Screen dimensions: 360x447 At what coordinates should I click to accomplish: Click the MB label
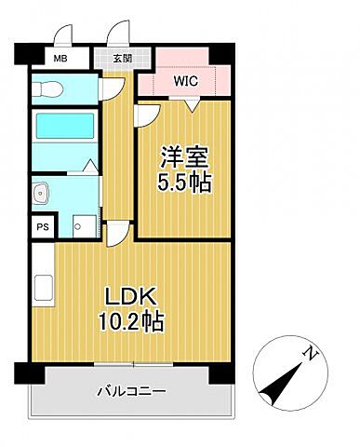60,59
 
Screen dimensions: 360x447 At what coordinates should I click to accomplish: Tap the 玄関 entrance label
123,59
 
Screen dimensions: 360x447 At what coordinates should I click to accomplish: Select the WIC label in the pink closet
185,81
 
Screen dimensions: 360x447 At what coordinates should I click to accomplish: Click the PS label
43,227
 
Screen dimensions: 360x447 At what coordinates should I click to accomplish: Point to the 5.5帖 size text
184,183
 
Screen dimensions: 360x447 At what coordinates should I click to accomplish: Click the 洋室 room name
184,157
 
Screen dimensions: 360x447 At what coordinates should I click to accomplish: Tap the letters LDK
130,296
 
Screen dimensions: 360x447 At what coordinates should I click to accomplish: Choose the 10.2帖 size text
131,321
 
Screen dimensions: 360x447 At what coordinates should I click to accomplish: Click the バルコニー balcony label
131,391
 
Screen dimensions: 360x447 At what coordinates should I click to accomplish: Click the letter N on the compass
311,353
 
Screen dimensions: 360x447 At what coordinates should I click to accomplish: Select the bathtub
65,126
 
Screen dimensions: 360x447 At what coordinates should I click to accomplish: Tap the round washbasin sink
40,193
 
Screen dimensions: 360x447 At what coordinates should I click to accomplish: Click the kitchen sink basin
44,288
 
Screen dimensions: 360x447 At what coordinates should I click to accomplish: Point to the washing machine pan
84,226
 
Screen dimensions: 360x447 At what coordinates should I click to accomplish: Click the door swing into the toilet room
113,89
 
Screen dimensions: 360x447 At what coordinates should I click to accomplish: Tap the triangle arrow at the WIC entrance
193,106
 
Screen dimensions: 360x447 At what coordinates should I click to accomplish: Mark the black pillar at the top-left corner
29,55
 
